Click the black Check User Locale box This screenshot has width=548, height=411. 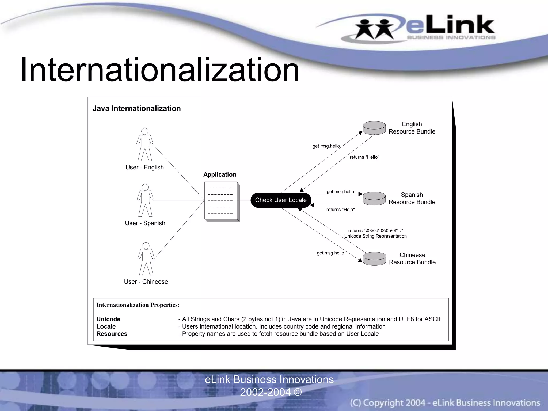click(x=281, y=200)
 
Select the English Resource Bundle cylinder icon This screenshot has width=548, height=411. click(x=374, y=128)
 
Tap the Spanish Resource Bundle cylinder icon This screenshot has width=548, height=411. click(x=374, y=199)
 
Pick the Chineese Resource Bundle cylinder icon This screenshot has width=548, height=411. click(x=374, y=259)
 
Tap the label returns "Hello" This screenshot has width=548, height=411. click(x=364, y=157)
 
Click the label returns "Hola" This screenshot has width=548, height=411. click(x=340, y=210)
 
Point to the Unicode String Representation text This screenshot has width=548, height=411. click(x=375, y=236)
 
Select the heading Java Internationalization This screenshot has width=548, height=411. click(x=136, y=108)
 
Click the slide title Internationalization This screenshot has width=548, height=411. click(x=160, y=70)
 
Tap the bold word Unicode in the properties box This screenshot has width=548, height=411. click(x=108, y=319)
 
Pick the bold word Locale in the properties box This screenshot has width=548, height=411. click(x=106, y=326)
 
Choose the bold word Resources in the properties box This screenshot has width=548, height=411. click(x=112, y=334)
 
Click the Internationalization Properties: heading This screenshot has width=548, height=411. click(x=138, y=305)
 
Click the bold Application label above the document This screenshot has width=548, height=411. click(x=220, y=174)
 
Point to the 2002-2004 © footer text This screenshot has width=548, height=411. click(x=271, y=392)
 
